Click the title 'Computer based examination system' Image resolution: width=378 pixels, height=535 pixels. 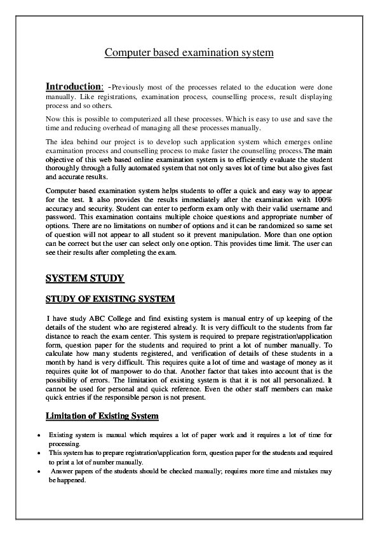[x=189, y=53]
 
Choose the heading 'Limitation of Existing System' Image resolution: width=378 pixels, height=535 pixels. [x=102, y=416]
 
